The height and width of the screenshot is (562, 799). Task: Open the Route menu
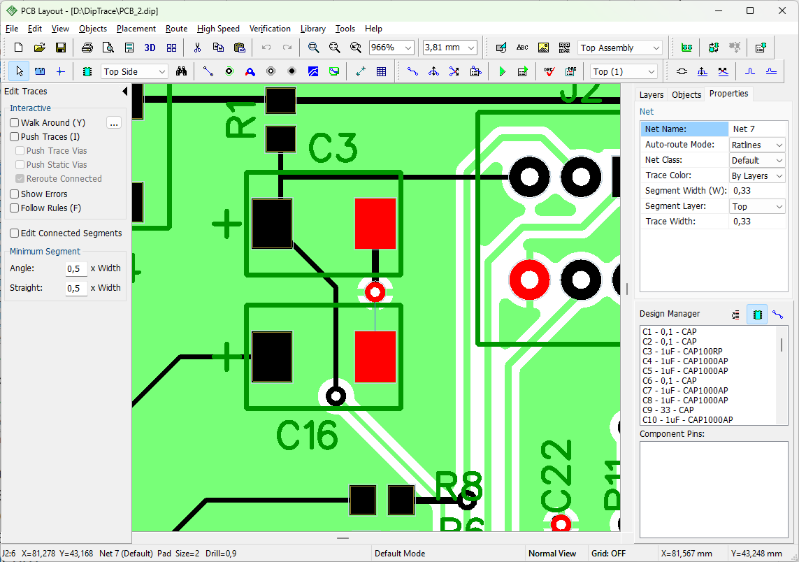176,29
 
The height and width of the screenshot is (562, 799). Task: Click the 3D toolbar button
150,48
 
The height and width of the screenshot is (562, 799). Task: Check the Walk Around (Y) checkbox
15,123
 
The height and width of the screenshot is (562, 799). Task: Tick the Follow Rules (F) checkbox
15,208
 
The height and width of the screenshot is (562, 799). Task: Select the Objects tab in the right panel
686,94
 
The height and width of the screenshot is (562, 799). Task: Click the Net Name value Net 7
744,129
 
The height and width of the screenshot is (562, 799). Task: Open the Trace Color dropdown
757,175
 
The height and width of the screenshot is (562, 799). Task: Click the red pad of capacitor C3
375,224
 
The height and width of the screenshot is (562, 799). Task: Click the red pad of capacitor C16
375,356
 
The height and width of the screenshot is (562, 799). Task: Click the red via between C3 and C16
375,292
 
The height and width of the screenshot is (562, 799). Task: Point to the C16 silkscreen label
307,435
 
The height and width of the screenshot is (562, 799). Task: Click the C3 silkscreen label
333,147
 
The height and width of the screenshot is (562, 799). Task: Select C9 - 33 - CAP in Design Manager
668,410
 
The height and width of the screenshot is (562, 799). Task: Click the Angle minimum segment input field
76,268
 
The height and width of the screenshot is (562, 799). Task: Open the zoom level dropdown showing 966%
391,48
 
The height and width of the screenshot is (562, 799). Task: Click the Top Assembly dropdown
620,48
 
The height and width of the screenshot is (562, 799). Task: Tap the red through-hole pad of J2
529,280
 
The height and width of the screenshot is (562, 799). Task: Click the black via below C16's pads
336,396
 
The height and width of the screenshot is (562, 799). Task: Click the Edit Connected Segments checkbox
15,233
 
